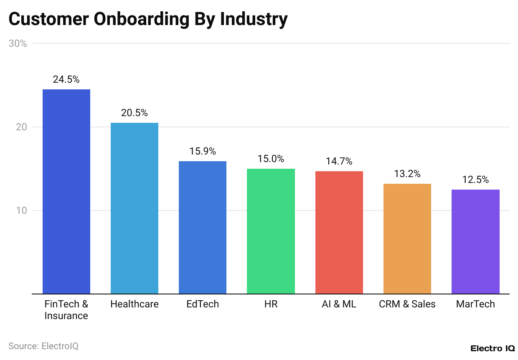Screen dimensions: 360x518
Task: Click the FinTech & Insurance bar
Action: (x=66, y=191)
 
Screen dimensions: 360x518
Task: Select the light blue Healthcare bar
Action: (x=135, y=208)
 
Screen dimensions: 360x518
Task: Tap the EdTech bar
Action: (x=203, y=227)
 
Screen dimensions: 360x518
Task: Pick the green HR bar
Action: (x=271, y=231)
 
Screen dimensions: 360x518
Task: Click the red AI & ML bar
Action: (x=339, y=232)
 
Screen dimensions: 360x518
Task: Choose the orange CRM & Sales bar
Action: (x=407, y=238)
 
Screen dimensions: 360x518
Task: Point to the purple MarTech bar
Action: (x=475, y=241)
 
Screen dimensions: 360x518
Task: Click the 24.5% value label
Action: (x=66, y=79)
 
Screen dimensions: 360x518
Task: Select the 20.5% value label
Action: (x=135, y=113)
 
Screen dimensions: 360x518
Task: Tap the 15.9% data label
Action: (x=203, y=151)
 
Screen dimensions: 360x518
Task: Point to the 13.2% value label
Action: (x=407, y=174)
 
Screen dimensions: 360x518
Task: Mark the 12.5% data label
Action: (x=475, y=180)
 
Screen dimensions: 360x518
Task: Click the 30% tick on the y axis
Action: (x=18, y=43)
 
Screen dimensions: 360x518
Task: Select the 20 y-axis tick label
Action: (x=21, y=127)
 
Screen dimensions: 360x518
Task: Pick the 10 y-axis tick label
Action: (x=21, y=210)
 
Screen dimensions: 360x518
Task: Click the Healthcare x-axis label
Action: (x=135, y=304)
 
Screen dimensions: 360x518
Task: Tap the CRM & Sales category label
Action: (x=407, y=304)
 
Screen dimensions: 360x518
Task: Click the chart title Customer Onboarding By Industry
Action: (x=148, y=19)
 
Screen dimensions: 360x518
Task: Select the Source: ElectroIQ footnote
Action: (x=43, y=346)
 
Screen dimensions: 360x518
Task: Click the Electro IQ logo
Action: (x=492, y=348)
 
